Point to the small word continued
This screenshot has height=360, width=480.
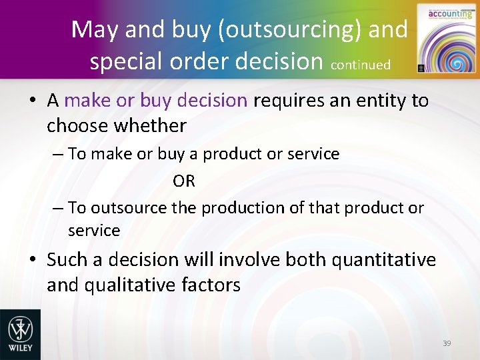pos(360,65)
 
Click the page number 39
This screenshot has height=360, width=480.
pos(447,343)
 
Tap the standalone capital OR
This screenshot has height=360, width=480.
pos(184,181)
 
